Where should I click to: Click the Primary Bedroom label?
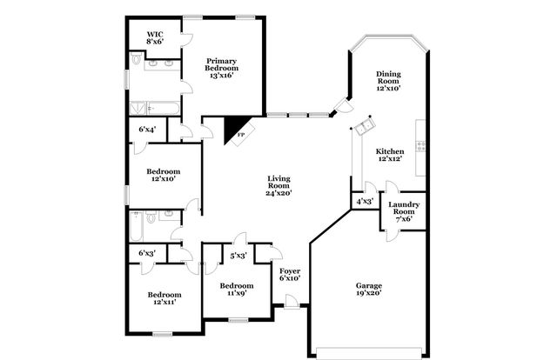point(220,68)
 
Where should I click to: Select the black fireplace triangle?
point(234,130)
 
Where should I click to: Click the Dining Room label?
point(387,81)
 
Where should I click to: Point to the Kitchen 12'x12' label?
point(389,157)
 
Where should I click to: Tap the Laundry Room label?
point(404,211)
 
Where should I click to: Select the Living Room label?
point(278,185)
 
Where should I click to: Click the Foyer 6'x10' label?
point(290,275)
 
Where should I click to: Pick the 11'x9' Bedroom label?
point(236,290)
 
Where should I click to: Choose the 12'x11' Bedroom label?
point(164,298)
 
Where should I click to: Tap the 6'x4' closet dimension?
point(147,130)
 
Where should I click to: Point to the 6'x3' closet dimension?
point(147,253)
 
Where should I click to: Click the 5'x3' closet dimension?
point(238,255)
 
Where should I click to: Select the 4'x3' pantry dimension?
point(365,202)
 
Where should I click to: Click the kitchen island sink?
point(363,127)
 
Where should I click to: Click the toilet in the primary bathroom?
point(137,59)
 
